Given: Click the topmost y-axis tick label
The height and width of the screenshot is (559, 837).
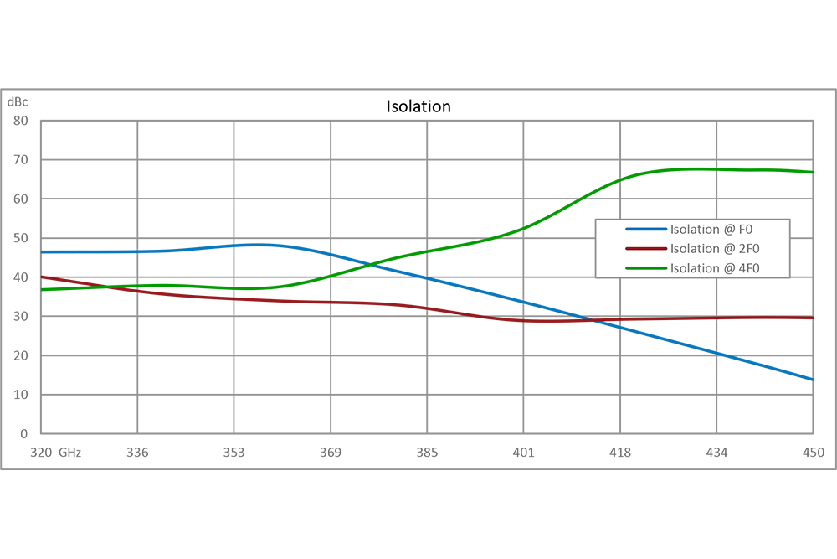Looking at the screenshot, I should click(x=23, y=106).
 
